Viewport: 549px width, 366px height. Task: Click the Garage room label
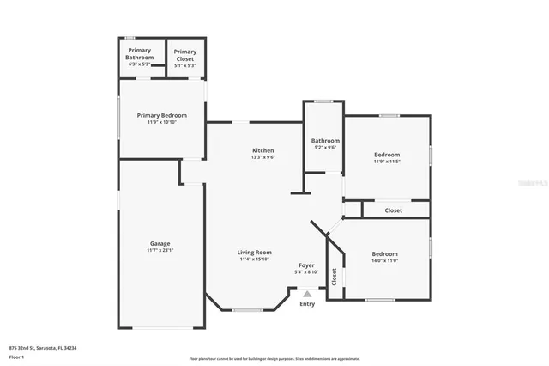pos(160,243)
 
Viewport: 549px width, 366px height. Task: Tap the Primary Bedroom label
pos(162,115)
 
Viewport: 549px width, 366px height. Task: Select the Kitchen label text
pos(262,150)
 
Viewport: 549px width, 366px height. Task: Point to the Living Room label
pos(255,252)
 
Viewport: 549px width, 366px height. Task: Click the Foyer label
pos(306,265)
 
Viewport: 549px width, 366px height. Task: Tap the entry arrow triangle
pos(307,293)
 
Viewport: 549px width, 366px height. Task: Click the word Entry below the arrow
pos(307,304)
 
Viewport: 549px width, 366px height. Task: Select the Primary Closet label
pos(185,54)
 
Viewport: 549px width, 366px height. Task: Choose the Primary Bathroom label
pos(140,54)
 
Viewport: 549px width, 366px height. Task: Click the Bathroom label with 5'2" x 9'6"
pos(325,141)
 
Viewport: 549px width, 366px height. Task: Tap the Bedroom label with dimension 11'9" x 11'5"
pos(387,155)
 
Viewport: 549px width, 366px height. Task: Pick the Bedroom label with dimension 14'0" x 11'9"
pos(384,253)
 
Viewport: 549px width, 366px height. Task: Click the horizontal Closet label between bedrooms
pos(393,210)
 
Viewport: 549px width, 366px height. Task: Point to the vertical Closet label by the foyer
pos(335,277)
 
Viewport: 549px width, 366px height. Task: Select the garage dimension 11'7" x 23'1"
pos(160,250)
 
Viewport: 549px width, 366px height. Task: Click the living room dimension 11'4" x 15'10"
pos(255,259)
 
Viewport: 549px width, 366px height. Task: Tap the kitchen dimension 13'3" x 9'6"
pos(262,157)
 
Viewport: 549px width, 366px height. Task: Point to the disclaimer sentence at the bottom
pos(274,359)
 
